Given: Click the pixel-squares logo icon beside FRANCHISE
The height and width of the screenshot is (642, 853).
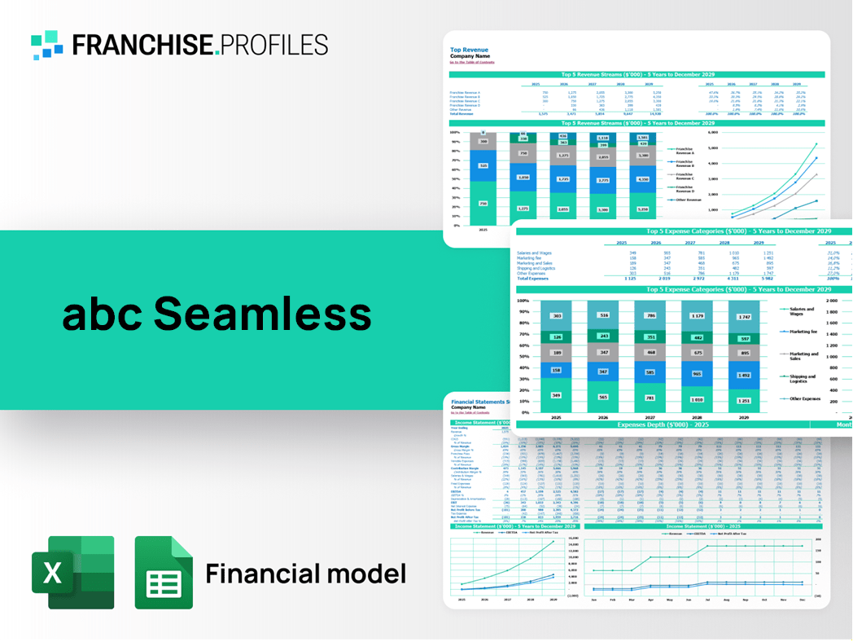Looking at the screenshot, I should (47, 45).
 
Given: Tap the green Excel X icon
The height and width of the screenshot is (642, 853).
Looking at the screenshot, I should (72, 572).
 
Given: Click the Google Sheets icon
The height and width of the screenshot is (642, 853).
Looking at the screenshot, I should (164, 572).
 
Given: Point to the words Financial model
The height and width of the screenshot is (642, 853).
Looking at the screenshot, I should (305, 574).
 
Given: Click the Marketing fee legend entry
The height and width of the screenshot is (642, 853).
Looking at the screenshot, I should (802, 332).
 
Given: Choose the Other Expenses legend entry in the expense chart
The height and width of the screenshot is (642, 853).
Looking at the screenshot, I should (803, 399).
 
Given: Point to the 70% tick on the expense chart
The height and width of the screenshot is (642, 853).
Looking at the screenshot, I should (523, 335).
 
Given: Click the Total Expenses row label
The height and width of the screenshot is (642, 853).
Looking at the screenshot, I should (533, 279).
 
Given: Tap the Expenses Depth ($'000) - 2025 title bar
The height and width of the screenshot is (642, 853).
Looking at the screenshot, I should (662, 424).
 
